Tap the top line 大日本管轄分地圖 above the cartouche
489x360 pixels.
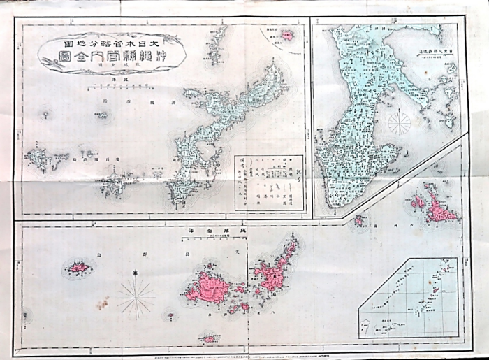coord(112,33)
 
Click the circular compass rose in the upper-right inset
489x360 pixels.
coord(399,124)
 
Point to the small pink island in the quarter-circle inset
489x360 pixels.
coord(285,34)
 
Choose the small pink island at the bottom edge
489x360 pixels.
coord(210,339)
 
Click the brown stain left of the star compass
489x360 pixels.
coord(103,303)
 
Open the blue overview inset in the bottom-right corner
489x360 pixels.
coord(410,298)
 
